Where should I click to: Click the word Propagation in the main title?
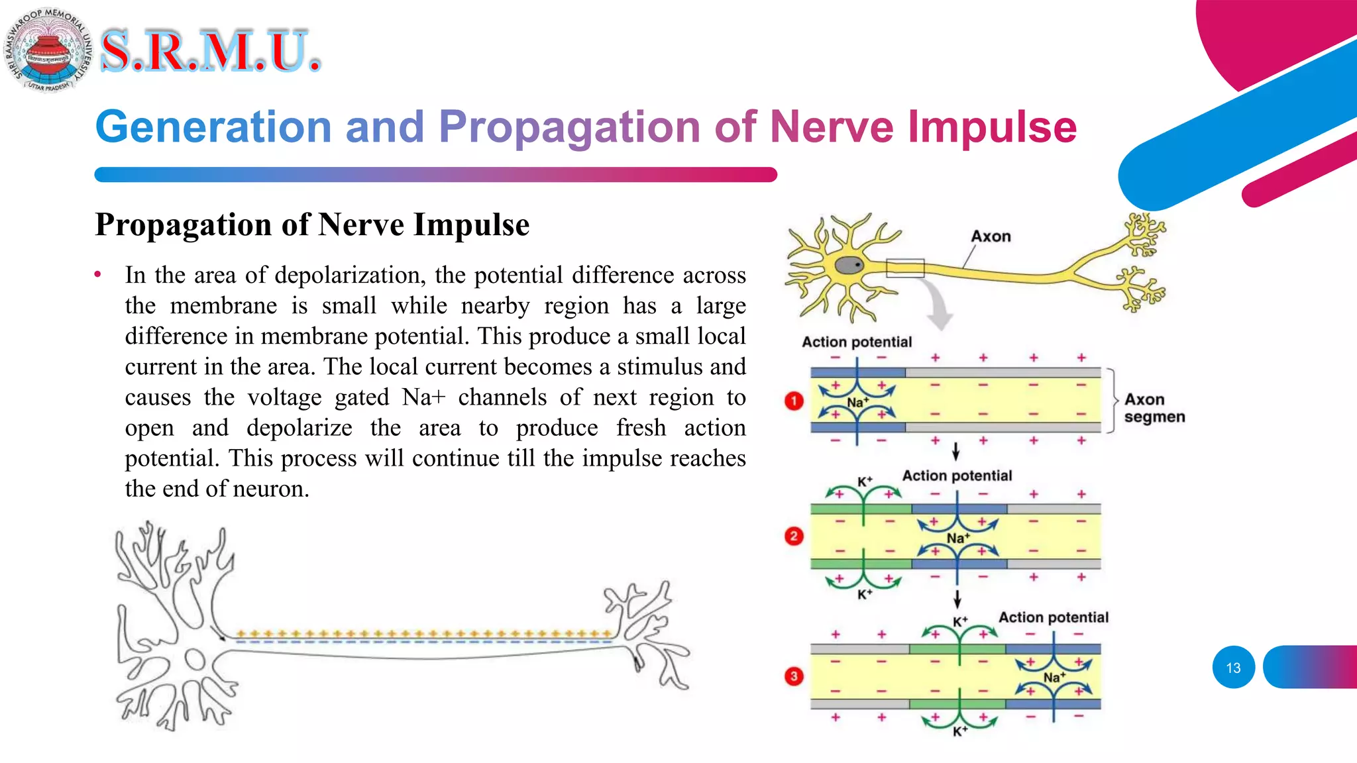569,127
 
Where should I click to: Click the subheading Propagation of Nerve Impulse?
312,225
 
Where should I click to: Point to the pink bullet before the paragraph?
98,274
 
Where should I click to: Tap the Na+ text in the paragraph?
423,397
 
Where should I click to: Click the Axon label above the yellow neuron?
991,236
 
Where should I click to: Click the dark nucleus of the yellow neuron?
847,266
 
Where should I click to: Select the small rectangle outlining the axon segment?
905,268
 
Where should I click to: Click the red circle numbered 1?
794,401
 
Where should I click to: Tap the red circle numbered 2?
794,536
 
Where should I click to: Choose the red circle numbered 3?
794,676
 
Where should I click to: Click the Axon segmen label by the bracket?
1154,408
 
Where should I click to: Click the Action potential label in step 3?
1053,617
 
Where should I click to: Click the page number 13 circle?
1233,668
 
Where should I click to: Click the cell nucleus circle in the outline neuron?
194,660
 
